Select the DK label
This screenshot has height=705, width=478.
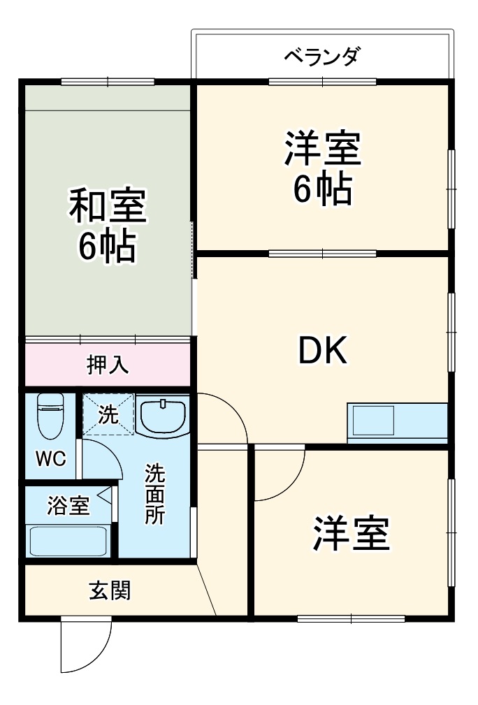(322, 351)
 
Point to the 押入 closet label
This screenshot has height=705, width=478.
(108, 365)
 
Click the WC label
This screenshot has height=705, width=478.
(51, 459)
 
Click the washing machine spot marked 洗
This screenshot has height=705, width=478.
(108, 415)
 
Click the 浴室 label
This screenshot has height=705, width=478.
(68, 505)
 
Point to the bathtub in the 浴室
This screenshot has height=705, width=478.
(68, 540)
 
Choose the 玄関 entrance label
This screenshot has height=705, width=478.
(109, 591)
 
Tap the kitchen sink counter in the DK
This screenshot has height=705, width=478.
(397, 423)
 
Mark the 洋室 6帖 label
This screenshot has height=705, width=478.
(322, 168)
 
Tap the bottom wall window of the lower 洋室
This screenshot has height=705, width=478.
(351, 618)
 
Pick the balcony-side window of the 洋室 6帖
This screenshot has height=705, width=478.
(322, 82)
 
